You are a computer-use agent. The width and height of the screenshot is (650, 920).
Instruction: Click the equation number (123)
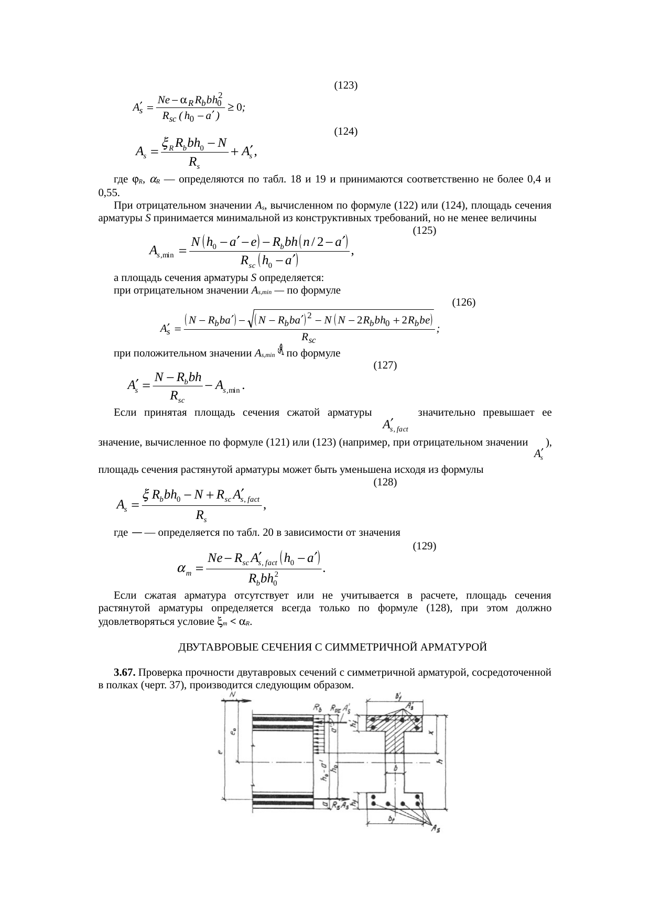click(x=346, y=85)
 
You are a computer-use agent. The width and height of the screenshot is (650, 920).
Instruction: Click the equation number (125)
click(x=425, y=230)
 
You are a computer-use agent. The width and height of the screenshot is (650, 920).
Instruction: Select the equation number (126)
click(x=463, y=302)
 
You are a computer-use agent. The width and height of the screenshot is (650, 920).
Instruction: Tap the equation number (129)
click(x=425, y=546)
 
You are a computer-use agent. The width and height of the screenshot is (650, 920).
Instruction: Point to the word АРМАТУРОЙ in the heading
click(x=456, y=647)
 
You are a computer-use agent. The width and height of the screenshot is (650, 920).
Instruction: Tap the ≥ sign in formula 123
click(x=231, y=107)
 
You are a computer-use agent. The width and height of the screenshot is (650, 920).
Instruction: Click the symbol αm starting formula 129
click(x=183, y=569)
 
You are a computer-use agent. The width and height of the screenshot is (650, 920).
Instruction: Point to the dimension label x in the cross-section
click(x=431, y=733)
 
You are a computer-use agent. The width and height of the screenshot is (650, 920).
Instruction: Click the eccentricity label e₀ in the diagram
click(x=234, y=730)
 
